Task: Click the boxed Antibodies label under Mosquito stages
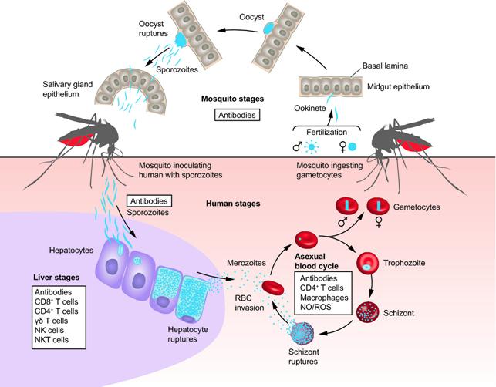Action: pos(238,115)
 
